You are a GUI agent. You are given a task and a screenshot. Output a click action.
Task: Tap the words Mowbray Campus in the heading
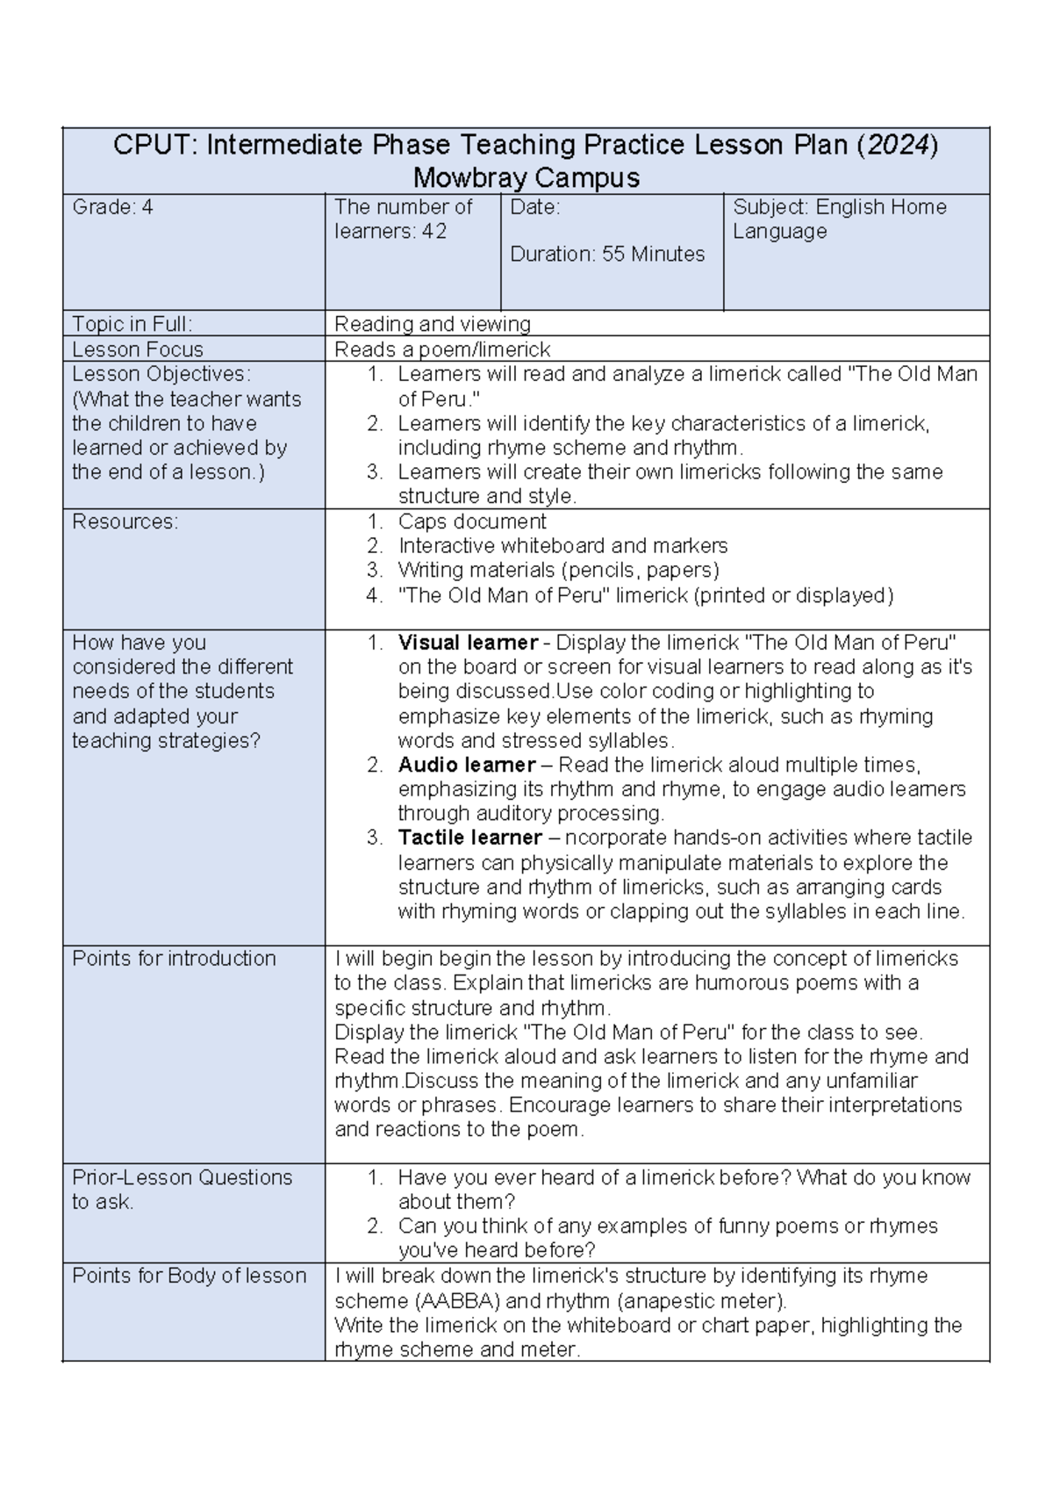point(526,177)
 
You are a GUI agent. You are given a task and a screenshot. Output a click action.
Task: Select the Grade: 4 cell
point(112,207)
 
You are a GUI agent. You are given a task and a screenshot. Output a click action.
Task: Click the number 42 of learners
point(433,232)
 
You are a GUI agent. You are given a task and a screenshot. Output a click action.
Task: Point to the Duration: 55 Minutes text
point(607,254)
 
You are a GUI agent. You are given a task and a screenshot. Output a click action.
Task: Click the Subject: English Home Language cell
point(839,219)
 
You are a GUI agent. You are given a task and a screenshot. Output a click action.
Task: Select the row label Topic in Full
point(132,324)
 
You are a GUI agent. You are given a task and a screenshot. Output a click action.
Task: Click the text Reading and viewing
point(433,324)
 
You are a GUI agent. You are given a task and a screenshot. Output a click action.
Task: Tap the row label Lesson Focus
point(138,349)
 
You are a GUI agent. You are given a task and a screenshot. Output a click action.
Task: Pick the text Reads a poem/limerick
point(442,349)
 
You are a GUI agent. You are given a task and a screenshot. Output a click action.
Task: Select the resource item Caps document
point(472,522)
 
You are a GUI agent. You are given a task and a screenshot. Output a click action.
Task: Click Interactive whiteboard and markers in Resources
point(562,546)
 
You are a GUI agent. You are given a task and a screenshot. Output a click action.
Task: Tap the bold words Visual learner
point(468,643)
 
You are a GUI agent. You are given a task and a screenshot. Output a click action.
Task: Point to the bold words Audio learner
point(467,765)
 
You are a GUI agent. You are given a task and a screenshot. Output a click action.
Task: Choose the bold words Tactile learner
point(469,838)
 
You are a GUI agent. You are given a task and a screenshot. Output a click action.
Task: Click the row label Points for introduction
point(174,959)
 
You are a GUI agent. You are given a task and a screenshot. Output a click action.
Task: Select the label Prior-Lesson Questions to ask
point(182,1190)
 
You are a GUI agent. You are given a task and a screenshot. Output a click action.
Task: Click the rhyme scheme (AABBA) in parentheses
point(449,1301)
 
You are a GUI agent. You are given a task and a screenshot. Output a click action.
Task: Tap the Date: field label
point(535,207)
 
